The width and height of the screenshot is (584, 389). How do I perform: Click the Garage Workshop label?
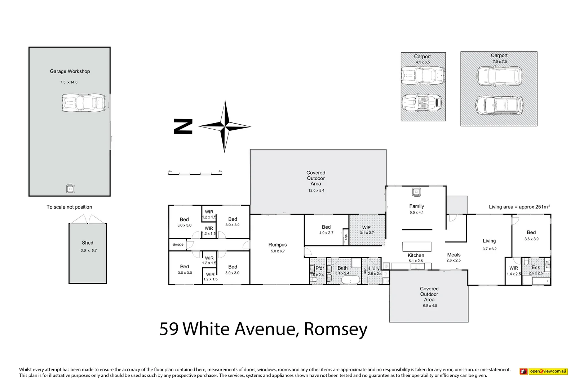point(70,71)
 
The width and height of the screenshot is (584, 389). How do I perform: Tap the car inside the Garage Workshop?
point(83,103)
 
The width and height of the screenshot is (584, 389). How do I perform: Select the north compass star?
point(225,126)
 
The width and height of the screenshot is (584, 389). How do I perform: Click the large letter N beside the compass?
point(183,126)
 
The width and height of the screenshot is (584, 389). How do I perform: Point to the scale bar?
point(195,174)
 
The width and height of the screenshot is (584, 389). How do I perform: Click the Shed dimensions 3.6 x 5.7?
point(89,250)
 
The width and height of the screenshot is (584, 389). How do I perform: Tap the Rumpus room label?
point(278,245)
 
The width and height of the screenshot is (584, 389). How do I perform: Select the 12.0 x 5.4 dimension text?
point(316,191)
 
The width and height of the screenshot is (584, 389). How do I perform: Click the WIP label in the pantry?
point(366,227)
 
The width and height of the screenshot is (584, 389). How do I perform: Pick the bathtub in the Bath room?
point(350,280)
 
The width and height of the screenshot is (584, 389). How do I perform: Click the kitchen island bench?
point(417,246)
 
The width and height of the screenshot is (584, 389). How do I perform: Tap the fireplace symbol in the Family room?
point(416,192)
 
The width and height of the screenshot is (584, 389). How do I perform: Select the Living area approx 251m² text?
point(519,207)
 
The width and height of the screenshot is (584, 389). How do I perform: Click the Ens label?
point(536,268)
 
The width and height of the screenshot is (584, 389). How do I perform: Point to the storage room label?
point(178,245)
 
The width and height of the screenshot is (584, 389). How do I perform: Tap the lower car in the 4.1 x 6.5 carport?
point(422,103)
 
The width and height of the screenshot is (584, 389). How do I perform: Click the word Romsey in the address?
point(336,329)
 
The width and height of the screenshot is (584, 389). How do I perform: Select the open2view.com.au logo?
point(544,371)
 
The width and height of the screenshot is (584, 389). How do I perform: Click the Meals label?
point(454,255)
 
